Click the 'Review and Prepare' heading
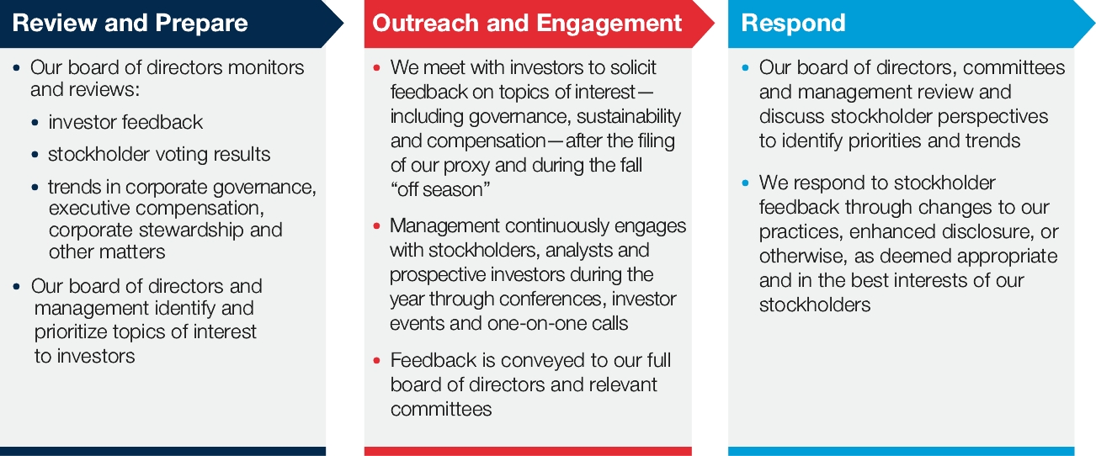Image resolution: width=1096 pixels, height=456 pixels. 130,23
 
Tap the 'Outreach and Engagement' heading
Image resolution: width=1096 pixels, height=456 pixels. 527,23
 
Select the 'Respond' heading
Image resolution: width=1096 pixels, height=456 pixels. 793,23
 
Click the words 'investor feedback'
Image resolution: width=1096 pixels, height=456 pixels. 125,122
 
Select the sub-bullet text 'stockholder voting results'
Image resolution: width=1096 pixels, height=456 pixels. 159,154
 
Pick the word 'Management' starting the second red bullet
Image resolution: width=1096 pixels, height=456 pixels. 444,225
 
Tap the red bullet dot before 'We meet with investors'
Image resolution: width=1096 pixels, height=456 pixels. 376,67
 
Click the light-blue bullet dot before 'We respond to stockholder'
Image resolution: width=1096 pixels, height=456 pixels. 745,183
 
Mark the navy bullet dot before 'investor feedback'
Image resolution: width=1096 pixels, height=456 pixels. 35,122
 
